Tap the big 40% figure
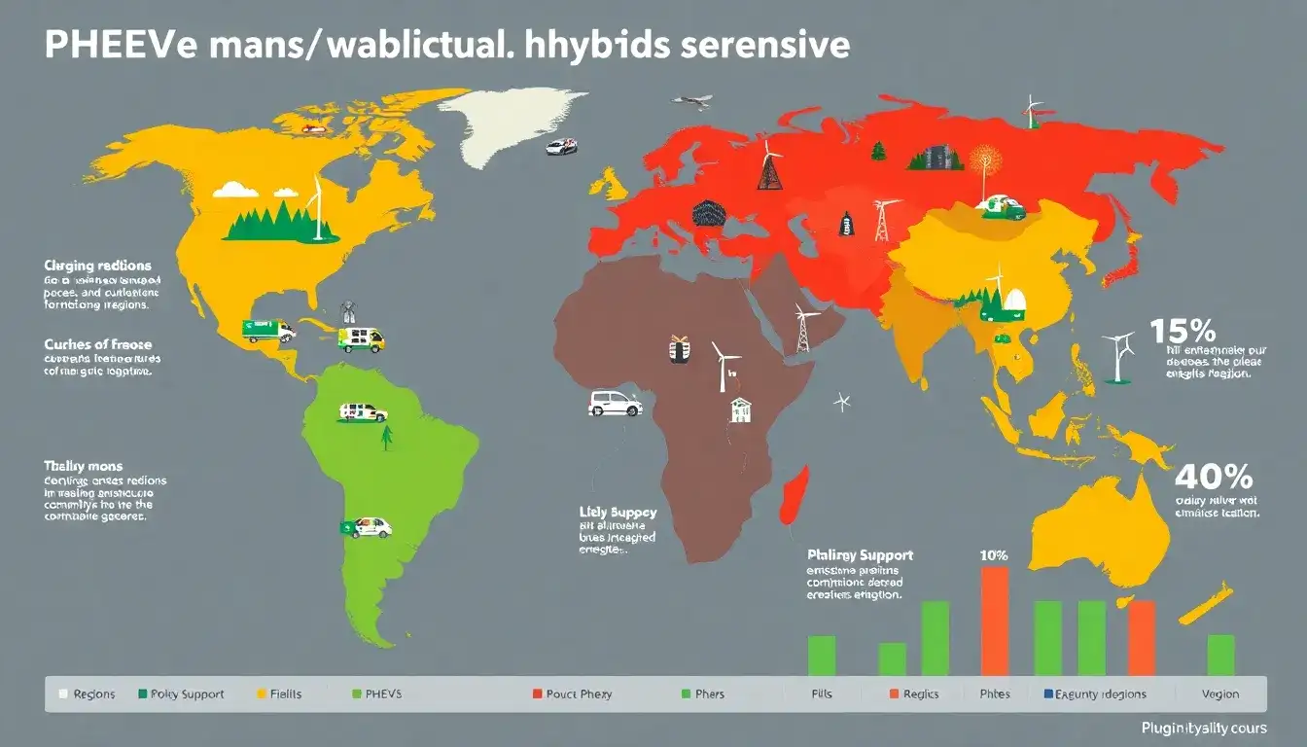point(1213,477)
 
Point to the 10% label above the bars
point(994,555)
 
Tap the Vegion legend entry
point(1219,694)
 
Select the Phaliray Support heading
point(860,554)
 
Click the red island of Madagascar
point(794,491)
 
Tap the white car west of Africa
point(615,403)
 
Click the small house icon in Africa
point(741,409)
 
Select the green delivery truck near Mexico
point(268,331)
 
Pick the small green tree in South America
point(386,438)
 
